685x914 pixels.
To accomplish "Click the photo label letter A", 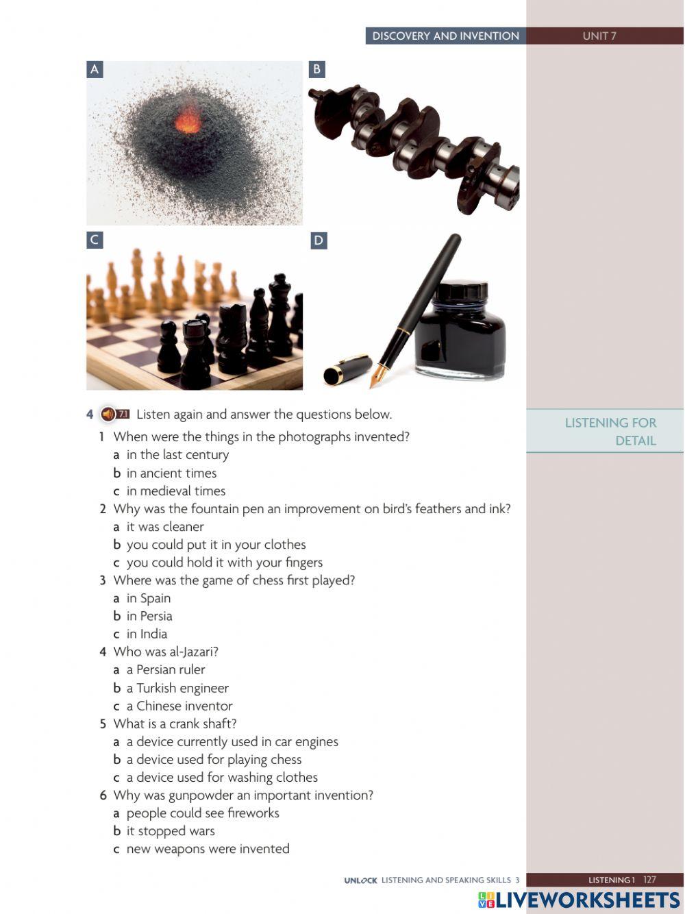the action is tap(95, 69).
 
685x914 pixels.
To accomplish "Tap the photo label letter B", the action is tap(316, 69).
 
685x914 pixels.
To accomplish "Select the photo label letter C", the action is tap(95, 240).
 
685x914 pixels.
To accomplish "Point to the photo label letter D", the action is tap(319, 240).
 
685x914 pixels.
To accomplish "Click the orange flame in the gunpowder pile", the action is tap(188, 121).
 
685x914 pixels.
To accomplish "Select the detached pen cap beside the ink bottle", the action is tap(347, 369).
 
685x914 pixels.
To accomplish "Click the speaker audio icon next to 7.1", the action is tap(108, 415).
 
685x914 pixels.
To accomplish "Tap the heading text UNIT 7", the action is tap(599, 36).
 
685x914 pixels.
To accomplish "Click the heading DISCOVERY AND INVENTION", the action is tap(446, 36).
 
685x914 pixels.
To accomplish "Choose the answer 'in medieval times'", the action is tap(176, 491).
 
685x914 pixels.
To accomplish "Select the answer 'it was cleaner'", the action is tap(165, 527).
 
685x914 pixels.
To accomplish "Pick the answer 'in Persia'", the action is tap(149, 616).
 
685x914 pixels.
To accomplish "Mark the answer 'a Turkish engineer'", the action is tap(177, 688).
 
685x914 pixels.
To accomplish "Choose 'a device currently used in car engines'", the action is tap(232, 741).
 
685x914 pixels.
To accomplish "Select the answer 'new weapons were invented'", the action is tap(208, 849).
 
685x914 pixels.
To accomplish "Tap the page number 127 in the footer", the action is tap(649, 880).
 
